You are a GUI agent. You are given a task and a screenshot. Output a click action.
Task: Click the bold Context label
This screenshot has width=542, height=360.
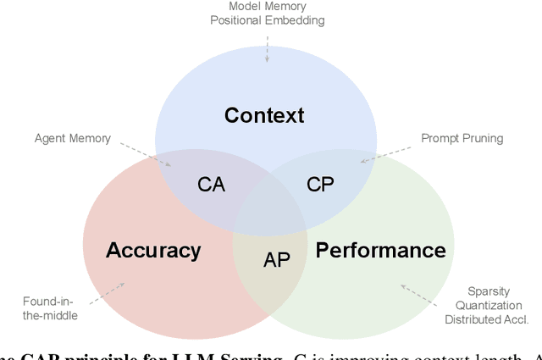264,116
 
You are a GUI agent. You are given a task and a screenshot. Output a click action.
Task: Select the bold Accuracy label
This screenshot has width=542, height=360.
153,250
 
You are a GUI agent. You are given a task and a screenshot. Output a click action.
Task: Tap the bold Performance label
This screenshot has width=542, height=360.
380,250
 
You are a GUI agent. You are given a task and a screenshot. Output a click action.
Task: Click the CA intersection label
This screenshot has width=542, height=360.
211,184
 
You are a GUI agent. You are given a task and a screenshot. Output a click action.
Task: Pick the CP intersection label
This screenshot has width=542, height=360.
320,184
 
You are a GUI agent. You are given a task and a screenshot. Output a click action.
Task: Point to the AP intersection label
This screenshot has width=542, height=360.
277,260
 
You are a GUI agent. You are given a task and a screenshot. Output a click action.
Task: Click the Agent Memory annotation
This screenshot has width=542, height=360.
72,138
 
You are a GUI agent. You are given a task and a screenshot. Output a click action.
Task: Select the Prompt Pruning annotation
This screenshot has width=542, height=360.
462,138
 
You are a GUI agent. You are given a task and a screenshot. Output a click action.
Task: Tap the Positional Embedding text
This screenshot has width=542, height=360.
268,20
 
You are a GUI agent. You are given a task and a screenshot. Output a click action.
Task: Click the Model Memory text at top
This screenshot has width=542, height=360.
268,7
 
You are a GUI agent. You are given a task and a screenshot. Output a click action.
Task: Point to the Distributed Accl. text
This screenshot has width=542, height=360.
486,319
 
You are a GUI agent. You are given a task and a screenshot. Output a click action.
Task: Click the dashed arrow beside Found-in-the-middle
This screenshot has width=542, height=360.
106,293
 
